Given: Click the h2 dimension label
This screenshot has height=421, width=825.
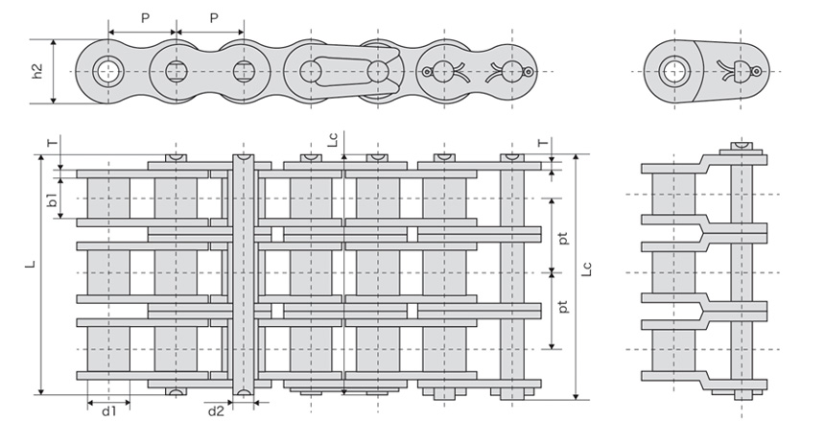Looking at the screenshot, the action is [x=37, y=72].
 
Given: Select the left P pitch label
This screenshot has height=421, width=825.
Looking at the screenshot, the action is [x=145, y=19].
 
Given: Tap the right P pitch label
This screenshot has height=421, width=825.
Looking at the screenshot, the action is [x=214, y=19].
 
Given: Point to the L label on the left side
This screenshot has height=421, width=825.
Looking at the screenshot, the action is [x=32, y=263].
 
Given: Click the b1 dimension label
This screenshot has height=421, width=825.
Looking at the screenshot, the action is [x=52, y=199].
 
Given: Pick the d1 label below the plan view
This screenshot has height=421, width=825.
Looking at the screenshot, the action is [x=109, y=411].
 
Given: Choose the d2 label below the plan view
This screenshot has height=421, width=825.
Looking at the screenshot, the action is [x=216, y=411].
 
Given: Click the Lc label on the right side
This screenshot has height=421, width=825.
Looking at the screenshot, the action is [x=588, y=269].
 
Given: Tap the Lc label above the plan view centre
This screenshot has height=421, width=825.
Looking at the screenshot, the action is [x=333, y=139].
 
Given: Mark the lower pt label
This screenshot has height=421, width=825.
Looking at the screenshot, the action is [x=563, y=306].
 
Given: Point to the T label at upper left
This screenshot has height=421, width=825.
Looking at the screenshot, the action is [x=51, y=143].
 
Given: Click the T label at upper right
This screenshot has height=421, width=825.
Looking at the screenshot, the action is [x=542, y=143].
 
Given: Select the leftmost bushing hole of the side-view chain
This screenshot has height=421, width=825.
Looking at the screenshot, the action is [x=108, y=71].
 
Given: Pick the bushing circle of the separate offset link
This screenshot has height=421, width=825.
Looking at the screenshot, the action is [x=674, y=72].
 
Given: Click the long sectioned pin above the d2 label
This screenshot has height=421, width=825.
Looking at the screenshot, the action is [x=243, y=274].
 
